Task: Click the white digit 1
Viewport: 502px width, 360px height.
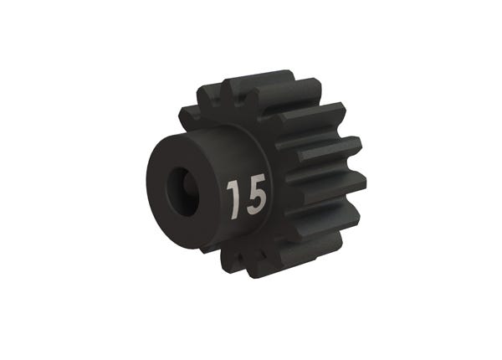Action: (233, 198)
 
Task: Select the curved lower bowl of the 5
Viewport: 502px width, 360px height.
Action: (257, 203)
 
